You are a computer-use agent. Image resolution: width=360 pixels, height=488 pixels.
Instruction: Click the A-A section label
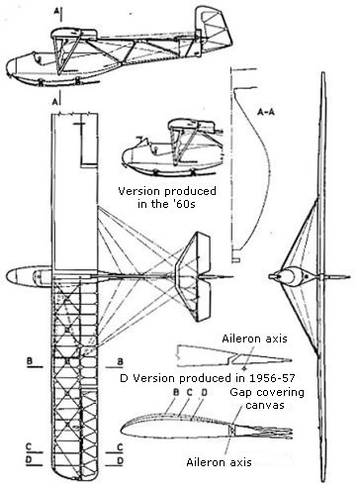tap(266, 112)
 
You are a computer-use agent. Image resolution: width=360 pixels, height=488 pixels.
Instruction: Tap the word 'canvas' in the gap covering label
tap(265, 405)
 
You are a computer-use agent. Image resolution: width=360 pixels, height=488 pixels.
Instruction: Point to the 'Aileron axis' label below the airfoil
tap(219, 462)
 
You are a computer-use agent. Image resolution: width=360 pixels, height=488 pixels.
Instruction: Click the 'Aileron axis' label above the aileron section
tap(254, 339)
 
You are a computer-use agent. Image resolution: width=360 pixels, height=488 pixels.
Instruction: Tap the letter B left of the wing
tap(30, 361)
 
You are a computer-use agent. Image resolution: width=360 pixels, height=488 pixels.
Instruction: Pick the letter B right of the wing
tap(121, 361)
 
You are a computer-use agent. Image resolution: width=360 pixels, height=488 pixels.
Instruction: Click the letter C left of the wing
tap(29, 446)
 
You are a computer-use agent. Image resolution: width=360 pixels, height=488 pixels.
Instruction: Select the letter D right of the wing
tap(121, 460)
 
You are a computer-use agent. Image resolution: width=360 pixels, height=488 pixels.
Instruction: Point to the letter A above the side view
tap(56, 11)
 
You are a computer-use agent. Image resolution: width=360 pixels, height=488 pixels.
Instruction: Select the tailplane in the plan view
tap(194, 276)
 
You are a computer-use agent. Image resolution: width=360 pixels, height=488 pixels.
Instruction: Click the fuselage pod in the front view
tap(291, 276)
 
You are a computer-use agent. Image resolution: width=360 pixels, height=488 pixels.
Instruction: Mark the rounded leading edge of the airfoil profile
tap(124, 429)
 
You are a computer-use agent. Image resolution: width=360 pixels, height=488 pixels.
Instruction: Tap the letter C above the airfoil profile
tap(189, 393)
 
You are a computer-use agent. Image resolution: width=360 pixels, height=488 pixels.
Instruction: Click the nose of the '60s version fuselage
tap(125, 157)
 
